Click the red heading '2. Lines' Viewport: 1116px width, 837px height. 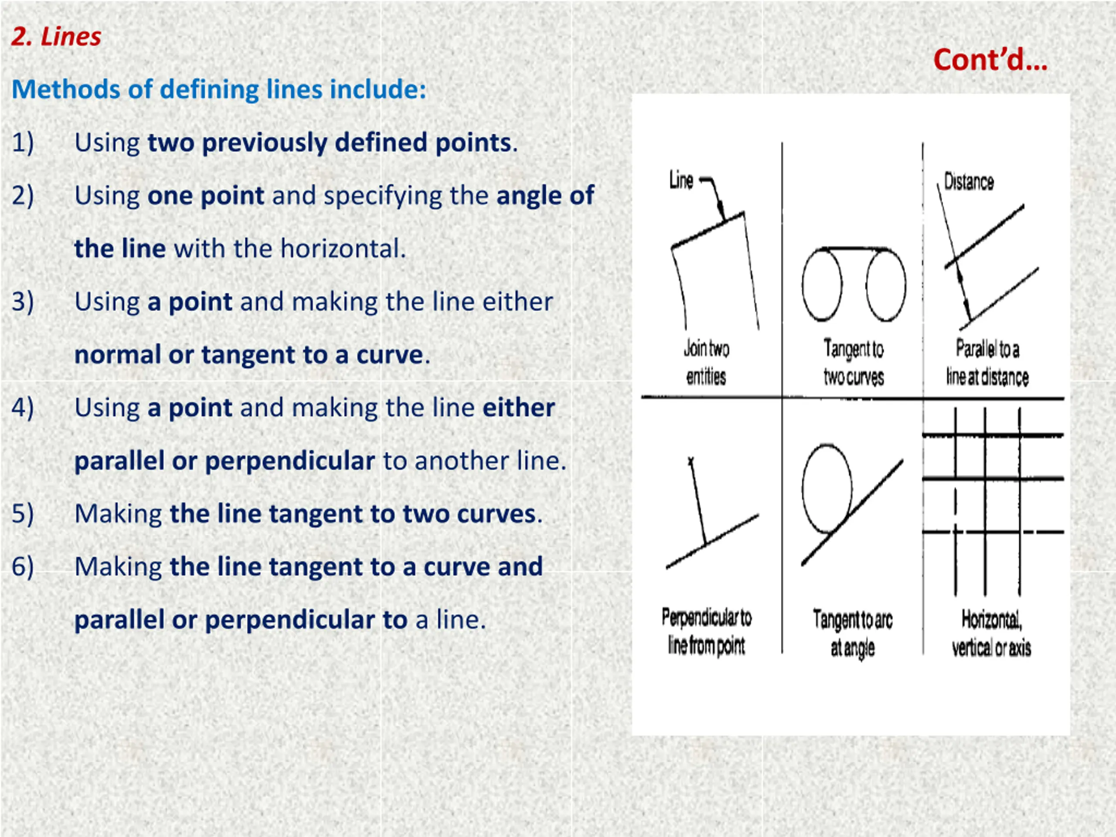[56, 37]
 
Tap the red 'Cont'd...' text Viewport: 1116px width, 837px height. [990, 60]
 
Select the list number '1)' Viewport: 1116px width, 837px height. [23, 143]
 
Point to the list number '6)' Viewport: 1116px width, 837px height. [23, 567]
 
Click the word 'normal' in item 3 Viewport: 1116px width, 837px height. [118, 355]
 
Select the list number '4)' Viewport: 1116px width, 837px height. [23, 408]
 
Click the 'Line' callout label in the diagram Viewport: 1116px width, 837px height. [681, 180]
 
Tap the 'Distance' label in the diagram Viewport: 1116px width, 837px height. [969, 182]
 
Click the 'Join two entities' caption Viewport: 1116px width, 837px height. [706, 363]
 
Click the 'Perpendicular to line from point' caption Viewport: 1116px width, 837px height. [706, 632]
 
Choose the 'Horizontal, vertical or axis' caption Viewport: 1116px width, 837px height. [991, 633]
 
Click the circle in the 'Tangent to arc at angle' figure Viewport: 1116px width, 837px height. [803, 488]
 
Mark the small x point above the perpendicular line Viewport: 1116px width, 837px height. [691, 461]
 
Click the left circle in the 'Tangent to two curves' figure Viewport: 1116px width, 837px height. [803, 285]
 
